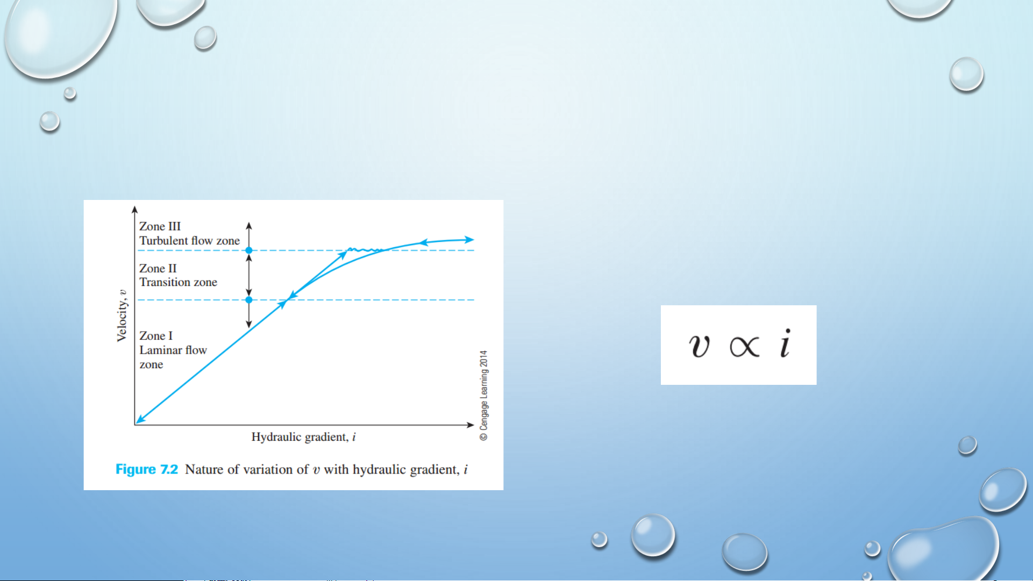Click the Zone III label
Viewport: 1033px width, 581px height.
pos(160,226)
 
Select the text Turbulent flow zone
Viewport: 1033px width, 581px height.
pos(189,241)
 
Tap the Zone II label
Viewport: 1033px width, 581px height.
pos(158,268)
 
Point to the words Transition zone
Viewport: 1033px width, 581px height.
pos(178,282)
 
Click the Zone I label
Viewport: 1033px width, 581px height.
pos(156,336)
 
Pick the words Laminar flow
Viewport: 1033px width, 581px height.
pos(173,350)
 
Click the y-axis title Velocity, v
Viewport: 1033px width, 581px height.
pos(122,315)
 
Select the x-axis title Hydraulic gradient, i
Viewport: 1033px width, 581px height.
pos(303,437)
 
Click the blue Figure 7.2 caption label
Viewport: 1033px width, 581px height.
pos(146,469)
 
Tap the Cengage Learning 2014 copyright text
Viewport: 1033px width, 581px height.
pos(484,396)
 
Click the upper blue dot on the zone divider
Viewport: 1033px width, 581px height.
pos(249,250)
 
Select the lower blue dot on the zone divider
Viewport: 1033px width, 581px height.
pos(249,300)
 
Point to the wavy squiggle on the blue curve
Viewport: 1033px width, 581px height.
pos(365,250)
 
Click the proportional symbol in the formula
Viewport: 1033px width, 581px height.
pos(744,346)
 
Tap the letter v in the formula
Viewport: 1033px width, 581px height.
pos(699,345)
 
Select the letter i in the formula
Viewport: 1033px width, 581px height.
pos(786,343)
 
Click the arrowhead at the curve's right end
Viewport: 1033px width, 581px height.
pos(469,240)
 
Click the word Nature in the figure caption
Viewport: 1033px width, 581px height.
pos(204,469)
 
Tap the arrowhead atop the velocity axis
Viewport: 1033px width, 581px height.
pos(135,210)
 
